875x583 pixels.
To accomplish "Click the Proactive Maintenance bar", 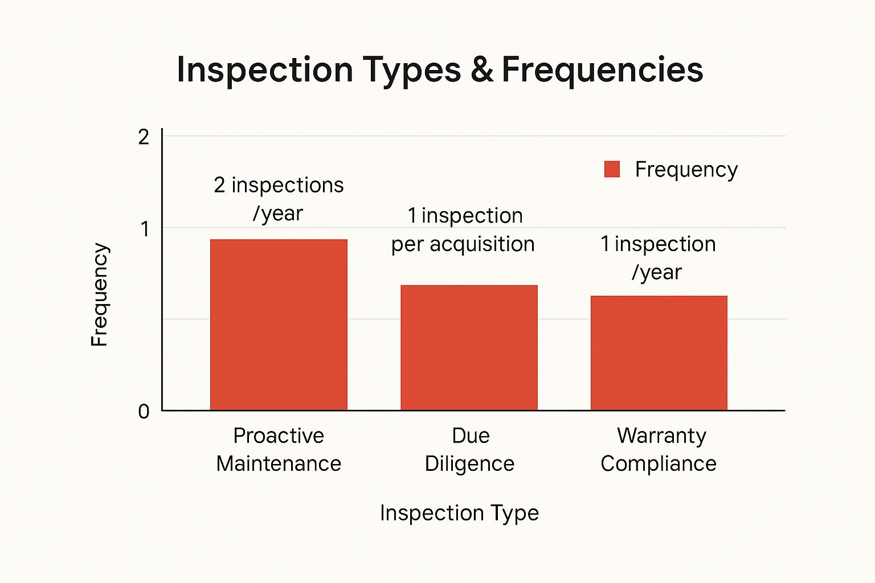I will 279,325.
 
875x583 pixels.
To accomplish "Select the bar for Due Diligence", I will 469,347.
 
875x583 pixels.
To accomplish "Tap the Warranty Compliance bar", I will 659,353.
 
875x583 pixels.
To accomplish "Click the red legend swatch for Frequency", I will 612,169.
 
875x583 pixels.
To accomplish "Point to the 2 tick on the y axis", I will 144,137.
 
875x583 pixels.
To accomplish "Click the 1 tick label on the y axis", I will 145,229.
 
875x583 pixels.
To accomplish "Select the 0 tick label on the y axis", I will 144,411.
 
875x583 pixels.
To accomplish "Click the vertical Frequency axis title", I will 99,294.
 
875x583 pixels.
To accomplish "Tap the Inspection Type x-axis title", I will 459,513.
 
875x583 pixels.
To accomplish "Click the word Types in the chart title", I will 412,70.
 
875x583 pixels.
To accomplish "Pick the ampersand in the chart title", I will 482,70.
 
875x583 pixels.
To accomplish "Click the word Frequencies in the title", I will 602,70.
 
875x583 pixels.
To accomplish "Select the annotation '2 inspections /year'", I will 279,199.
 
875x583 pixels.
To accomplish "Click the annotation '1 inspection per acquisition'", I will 463,229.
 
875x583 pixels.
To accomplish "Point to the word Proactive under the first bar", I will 279,436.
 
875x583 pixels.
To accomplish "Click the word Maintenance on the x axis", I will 279,463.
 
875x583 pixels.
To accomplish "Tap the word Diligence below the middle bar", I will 469,463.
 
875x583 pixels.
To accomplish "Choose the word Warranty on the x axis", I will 661,436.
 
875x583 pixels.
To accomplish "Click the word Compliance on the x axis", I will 659,463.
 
